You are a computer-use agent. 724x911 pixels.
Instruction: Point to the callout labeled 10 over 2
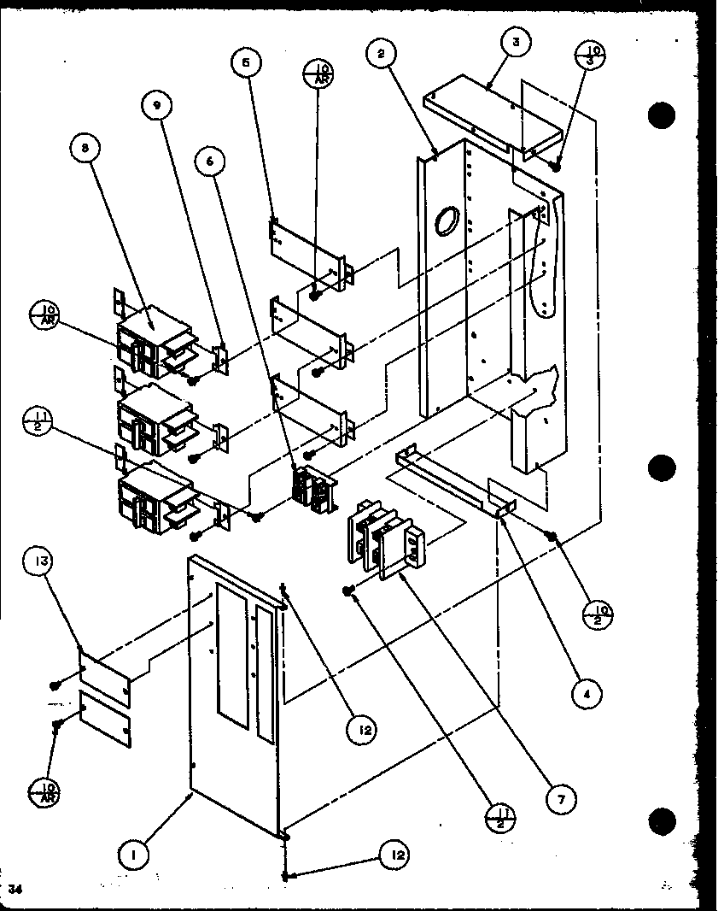click(x=600, y=614)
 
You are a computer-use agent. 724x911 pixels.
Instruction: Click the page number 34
click(x=15, y=890)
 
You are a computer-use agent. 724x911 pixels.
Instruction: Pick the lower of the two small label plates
click(x=106, y=718)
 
